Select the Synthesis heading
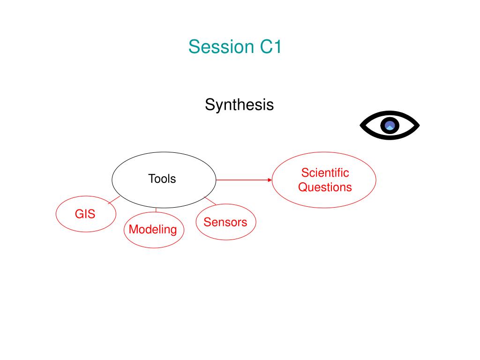pos(239,105)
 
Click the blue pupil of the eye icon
pos(390,125)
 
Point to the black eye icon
pos(390,125)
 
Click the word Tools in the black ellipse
pos(162,179)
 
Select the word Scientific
pos(325,172)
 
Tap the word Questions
pos(325,187)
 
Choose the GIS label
pos(85,214)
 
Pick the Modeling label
pos(153,229)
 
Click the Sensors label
pos(225,222)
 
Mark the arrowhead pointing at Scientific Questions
pos(270,180)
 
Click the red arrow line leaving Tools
pos(241,180)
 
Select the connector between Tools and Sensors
pos(210,201)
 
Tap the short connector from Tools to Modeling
pos(156,210)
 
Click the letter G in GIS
pos(79,214)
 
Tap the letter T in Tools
pos(151,179)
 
